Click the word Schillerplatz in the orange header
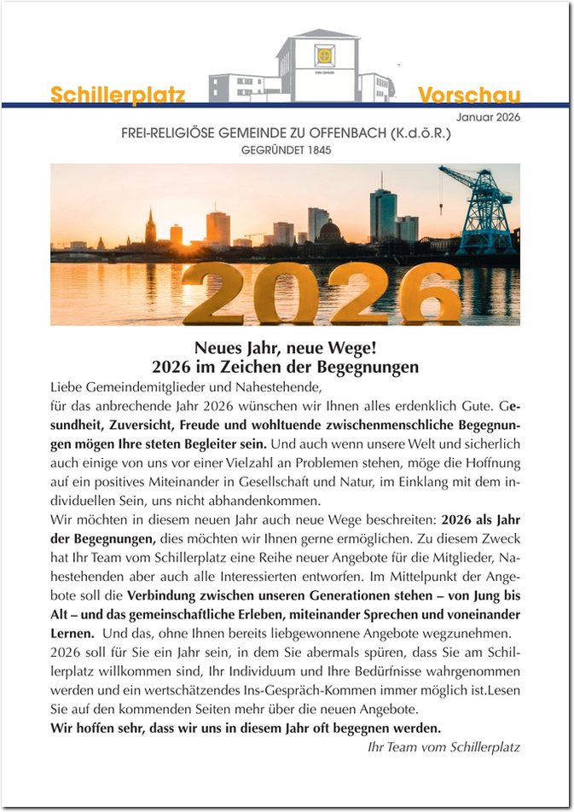click(x=118, y=95)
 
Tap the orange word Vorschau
click(x=469, y=95)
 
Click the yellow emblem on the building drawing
click(x=324, y=56)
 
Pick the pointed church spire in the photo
click(x=151, y=223)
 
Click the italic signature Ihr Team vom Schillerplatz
click(x=437, y=747)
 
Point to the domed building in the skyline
click(x=330, y=230)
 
